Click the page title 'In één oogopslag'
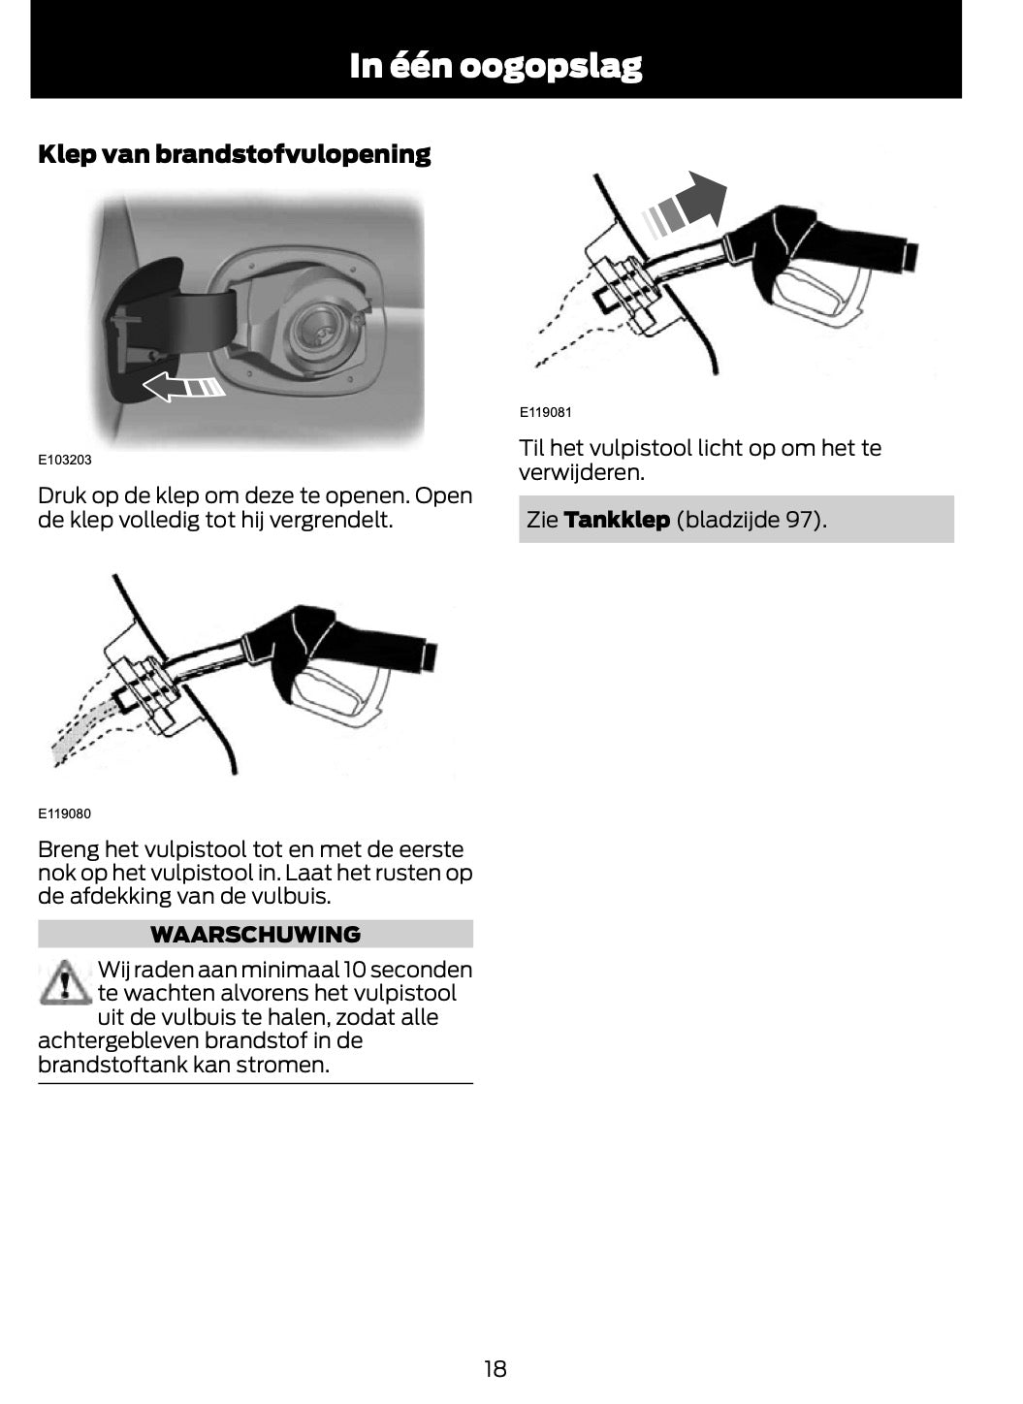496,66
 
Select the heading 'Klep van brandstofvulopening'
234,154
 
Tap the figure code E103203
65,460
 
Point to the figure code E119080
65,814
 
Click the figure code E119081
546,412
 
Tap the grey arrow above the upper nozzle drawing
687,206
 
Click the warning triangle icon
62,982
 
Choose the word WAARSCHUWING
255,935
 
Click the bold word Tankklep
617,520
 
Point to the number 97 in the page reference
797,520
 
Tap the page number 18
495,1369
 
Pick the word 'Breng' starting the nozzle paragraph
68,849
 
